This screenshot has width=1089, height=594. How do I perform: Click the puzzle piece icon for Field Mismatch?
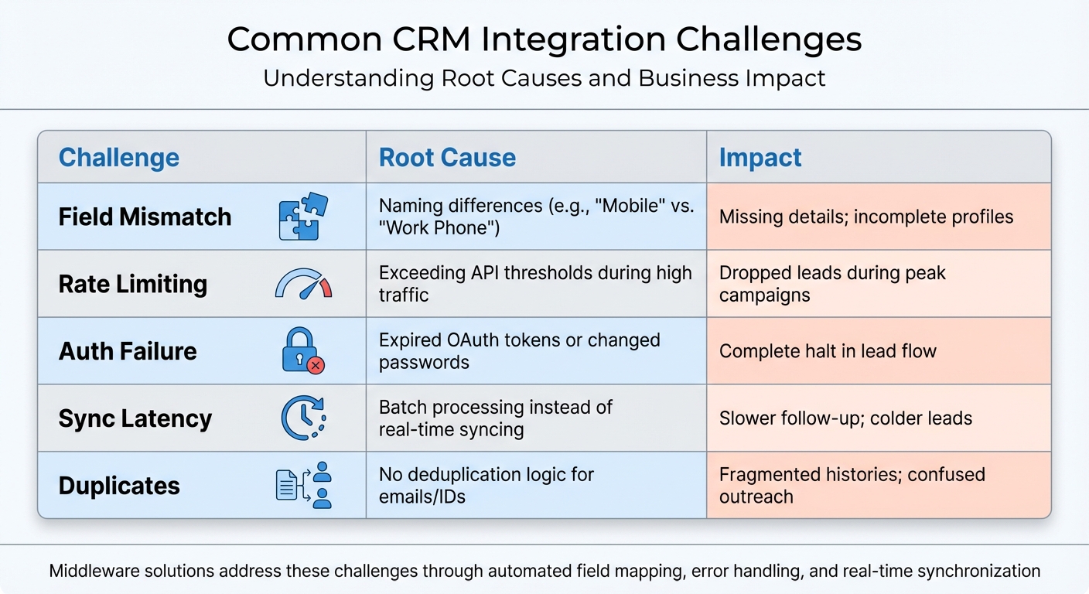click(302, 217)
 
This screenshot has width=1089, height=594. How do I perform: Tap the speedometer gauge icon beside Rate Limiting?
click(302, 285)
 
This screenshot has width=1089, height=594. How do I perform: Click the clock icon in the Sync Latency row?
click(302, 418)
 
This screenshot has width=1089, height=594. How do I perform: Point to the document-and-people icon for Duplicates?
click(303, 485)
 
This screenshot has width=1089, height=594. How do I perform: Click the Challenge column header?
click(119, 158)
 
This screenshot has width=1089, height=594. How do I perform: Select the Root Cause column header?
click(447, 158)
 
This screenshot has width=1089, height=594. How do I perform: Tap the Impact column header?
click(760, 158)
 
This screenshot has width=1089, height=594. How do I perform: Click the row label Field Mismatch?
click(145, 217)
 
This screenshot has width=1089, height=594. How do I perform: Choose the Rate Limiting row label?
click(133, 284)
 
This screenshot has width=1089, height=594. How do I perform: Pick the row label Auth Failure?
click(128, 351)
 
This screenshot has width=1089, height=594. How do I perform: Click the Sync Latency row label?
click(135, 418)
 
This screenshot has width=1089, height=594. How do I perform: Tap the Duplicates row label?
click(119, 486)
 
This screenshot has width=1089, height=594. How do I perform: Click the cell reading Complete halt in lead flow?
click(828, 351)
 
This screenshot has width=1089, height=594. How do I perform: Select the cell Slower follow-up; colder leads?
click(845, 418)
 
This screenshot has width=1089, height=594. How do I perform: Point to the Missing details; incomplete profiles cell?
click(866, 217)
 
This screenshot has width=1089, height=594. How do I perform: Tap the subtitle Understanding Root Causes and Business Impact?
click(544, 78)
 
